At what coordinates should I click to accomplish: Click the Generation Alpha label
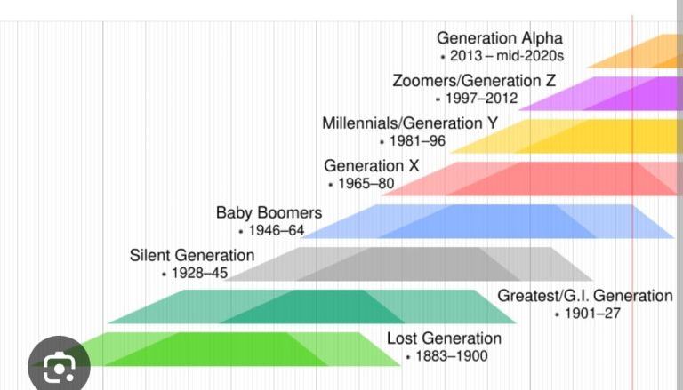tap(499, 38)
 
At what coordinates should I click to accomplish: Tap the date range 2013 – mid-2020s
tap(507, 56)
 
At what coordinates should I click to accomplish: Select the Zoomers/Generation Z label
tap(474, 81)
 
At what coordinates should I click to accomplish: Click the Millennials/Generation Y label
tap(410, 123)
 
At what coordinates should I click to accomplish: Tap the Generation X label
tap(371, 166)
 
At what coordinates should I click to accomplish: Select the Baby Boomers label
tap(269, 213)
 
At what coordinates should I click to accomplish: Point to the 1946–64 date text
tap(275, 231)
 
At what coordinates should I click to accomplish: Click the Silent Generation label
tap(191, 256)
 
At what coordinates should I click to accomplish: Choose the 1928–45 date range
tap(198, 274)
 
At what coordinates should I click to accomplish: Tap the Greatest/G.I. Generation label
tap(584, 296)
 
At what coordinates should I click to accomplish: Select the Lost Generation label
tap(444, 338)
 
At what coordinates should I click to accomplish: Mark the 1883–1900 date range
tap(451, 356)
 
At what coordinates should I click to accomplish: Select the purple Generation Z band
tap(605, 93)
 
